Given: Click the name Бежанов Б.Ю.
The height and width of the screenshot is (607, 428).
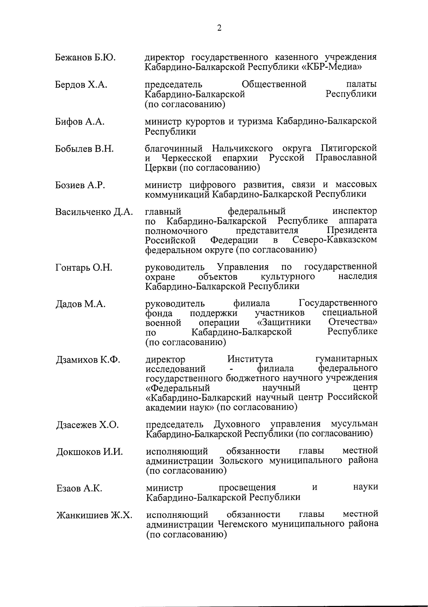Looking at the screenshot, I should [85, 57].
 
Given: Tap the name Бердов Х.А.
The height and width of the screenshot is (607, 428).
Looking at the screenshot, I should [81, 85].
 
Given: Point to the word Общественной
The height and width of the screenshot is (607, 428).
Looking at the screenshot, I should [274, 85].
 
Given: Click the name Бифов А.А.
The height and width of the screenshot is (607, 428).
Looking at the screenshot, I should [80, 122].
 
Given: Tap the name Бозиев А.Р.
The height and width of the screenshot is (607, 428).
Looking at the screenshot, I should [80, 185].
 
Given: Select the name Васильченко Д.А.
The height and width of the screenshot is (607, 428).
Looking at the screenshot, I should [94, 212].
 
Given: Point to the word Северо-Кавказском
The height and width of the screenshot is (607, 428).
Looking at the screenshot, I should [334, 240].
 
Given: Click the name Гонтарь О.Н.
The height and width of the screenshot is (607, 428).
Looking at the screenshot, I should [84, 268].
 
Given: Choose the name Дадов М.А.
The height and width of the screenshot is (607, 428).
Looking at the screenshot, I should [80, 304].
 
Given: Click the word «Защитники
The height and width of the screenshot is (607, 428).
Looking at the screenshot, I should [284, 323].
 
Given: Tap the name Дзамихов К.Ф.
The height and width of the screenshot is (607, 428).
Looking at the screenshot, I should [88, 360].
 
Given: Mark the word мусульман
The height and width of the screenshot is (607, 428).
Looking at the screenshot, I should [354, 424].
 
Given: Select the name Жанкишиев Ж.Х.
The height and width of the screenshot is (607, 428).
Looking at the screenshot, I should [94, 516].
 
